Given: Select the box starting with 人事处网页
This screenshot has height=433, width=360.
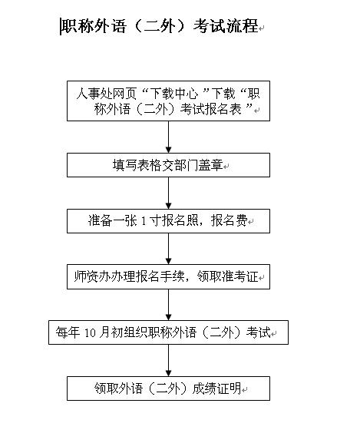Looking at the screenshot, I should coord(168,101).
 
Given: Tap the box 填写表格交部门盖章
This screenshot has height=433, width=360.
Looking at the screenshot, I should coord(168,165).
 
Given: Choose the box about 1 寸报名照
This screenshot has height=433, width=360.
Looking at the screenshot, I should coord(168,221).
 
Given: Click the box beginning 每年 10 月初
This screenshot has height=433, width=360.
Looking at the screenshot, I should coord(168,332).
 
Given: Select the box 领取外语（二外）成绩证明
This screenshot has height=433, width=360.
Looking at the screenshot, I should coord(168,388).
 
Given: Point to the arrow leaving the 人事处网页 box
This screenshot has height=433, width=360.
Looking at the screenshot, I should coord(168,137).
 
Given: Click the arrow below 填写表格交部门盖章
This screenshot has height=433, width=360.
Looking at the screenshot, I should coord(168,193).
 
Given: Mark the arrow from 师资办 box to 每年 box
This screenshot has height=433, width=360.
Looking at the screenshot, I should coord(168,305).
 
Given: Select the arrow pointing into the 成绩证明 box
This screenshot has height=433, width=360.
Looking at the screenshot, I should coord(168,361).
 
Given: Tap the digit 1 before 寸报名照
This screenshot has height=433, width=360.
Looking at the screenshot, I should coord(143,222).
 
